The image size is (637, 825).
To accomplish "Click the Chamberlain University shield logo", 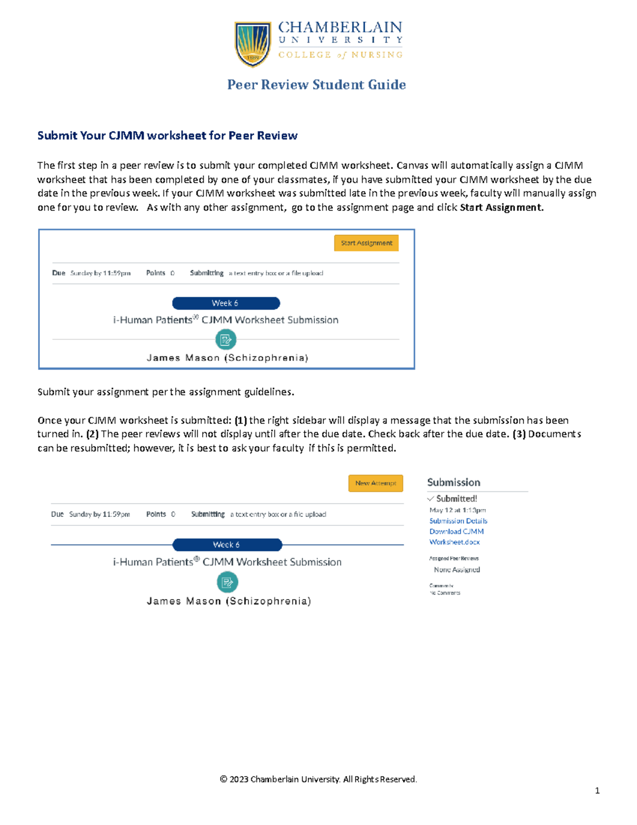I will coord(253,44).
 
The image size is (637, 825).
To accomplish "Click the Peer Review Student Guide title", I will coord(316,85).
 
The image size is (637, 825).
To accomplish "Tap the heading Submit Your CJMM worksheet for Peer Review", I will coord(167,135).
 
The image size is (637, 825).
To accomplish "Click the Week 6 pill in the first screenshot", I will coord(226,303).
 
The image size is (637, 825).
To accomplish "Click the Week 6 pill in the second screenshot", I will coord(227,545).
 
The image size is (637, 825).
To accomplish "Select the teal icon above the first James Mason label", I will coord(226,339).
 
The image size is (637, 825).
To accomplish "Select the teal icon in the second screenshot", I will coord(227,582).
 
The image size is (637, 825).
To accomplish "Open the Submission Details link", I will coord(458,521).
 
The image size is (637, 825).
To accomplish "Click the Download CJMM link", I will coord(457,531).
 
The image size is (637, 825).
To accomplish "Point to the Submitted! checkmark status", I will coord(452,499).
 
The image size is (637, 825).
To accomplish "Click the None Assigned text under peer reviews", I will coord(457,569).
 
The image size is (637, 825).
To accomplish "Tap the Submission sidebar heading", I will coord(453,482).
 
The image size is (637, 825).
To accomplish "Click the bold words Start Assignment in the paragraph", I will coord(501,208).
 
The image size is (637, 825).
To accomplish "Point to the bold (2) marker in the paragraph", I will coord(92,434).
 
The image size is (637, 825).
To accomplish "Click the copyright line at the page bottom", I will coord(318,779).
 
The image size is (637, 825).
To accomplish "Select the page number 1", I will coord(597,790).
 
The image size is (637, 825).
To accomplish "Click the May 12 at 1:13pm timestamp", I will coord(458,510).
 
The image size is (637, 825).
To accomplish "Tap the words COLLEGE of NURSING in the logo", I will coord(340,55).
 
